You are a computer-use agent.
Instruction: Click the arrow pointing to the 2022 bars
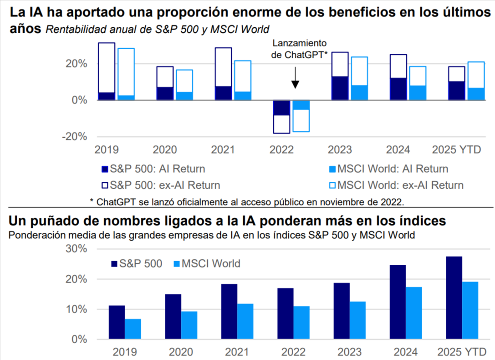click(295, 77)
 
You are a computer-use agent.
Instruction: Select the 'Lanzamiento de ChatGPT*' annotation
click(299, 49)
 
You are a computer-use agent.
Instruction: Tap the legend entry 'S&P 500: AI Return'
click(153, 169)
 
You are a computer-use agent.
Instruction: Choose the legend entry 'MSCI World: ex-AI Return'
click(396, 185)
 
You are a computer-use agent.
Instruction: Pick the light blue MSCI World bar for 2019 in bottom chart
click(133, 329)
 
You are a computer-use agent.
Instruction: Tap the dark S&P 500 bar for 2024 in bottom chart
click(397, 302)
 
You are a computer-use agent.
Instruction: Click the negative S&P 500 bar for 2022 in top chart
click(281, 117)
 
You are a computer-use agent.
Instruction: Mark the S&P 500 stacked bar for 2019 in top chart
click(107, 71)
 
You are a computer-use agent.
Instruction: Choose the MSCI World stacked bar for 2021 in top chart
click(242, 80)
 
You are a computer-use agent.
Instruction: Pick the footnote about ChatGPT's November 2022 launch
click(247, 201)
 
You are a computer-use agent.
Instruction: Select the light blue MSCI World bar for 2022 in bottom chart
click(301, 323)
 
